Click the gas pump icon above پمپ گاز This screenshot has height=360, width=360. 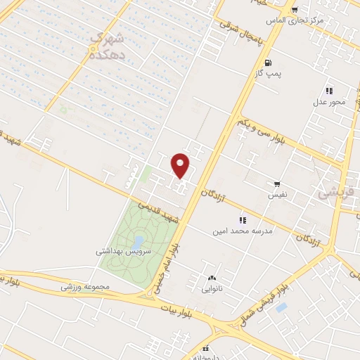click(x=269, y=63)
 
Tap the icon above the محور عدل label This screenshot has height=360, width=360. click(x=328, y=91)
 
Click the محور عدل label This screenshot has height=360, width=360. click(x=329, y=103)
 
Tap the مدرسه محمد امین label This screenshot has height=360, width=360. click(x=243, y=230)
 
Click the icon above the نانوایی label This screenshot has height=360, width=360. click(x=212, y=277)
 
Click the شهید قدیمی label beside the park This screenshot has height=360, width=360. click(x=159, y=213)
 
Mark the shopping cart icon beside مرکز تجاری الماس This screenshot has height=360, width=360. click(x=295, y=10)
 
